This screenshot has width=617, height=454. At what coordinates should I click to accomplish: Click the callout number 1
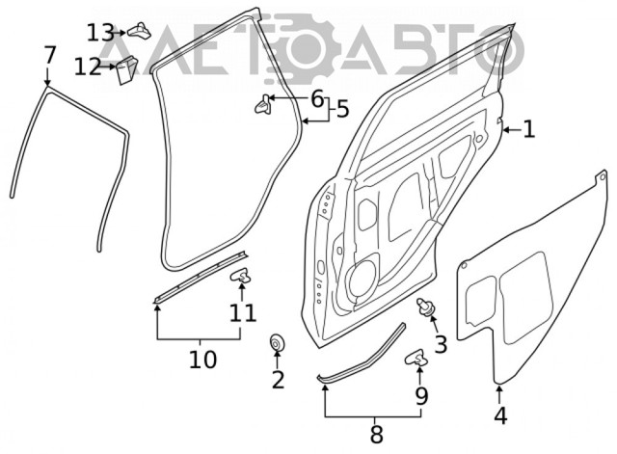point(529,129)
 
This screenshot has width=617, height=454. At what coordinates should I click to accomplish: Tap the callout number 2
point(278,380)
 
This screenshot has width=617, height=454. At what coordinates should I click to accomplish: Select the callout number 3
point(441,344)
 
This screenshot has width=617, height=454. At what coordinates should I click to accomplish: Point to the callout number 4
point(500,415)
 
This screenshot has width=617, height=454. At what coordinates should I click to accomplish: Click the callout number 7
point(50,56)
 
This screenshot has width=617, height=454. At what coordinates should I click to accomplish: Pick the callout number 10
point(202,360)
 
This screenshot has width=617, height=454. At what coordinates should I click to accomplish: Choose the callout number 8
point(377,435)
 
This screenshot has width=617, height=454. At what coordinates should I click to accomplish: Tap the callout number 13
point(100,33)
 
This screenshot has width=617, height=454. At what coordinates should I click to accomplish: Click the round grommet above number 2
point(277,342)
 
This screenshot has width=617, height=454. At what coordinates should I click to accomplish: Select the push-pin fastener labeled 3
point(425,307)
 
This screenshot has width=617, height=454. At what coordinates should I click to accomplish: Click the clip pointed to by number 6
point(263,103)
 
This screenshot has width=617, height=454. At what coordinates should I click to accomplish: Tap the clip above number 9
point(416,357)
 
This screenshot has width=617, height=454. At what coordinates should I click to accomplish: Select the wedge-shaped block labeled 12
point(126,69)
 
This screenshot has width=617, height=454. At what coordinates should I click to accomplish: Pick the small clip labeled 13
point(139,30)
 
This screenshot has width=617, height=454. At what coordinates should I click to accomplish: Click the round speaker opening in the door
point(361,279)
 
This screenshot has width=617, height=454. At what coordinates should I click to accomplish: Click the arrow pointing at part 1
point(512,129)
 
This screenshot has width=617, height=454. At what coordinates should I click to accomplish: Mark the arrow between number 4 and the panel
point(499,394)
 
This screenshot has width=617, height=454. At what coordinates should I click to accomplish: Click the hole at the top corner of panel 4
point(602,177)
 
